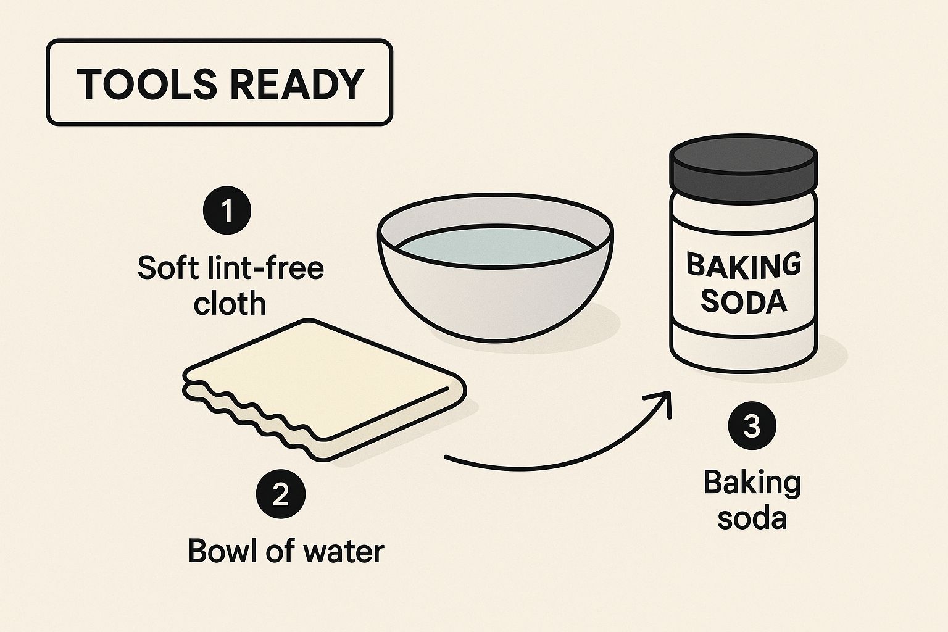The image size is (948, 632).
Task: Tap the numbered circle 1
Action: (x=227, y=210)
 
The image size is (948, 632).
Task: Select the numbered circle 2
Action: (x=281, y=494)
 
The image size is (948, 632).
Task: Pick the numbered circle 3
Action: (x=752, y=426)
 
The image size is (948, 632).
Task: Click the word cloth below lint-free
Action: (x=230, y=303)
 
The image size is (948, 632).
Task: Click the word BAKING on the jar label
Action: (x=744, y=265)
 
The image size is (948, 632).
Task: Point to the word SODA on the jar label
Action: (x=744, y=301)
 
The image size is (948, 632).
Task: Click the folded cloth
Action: (x=325, y=390)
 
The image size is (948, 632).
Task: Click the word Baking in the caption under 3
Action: (x=752, y=483)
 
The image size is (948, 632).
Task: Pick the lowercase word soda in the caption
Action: (x=752, y=518)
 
